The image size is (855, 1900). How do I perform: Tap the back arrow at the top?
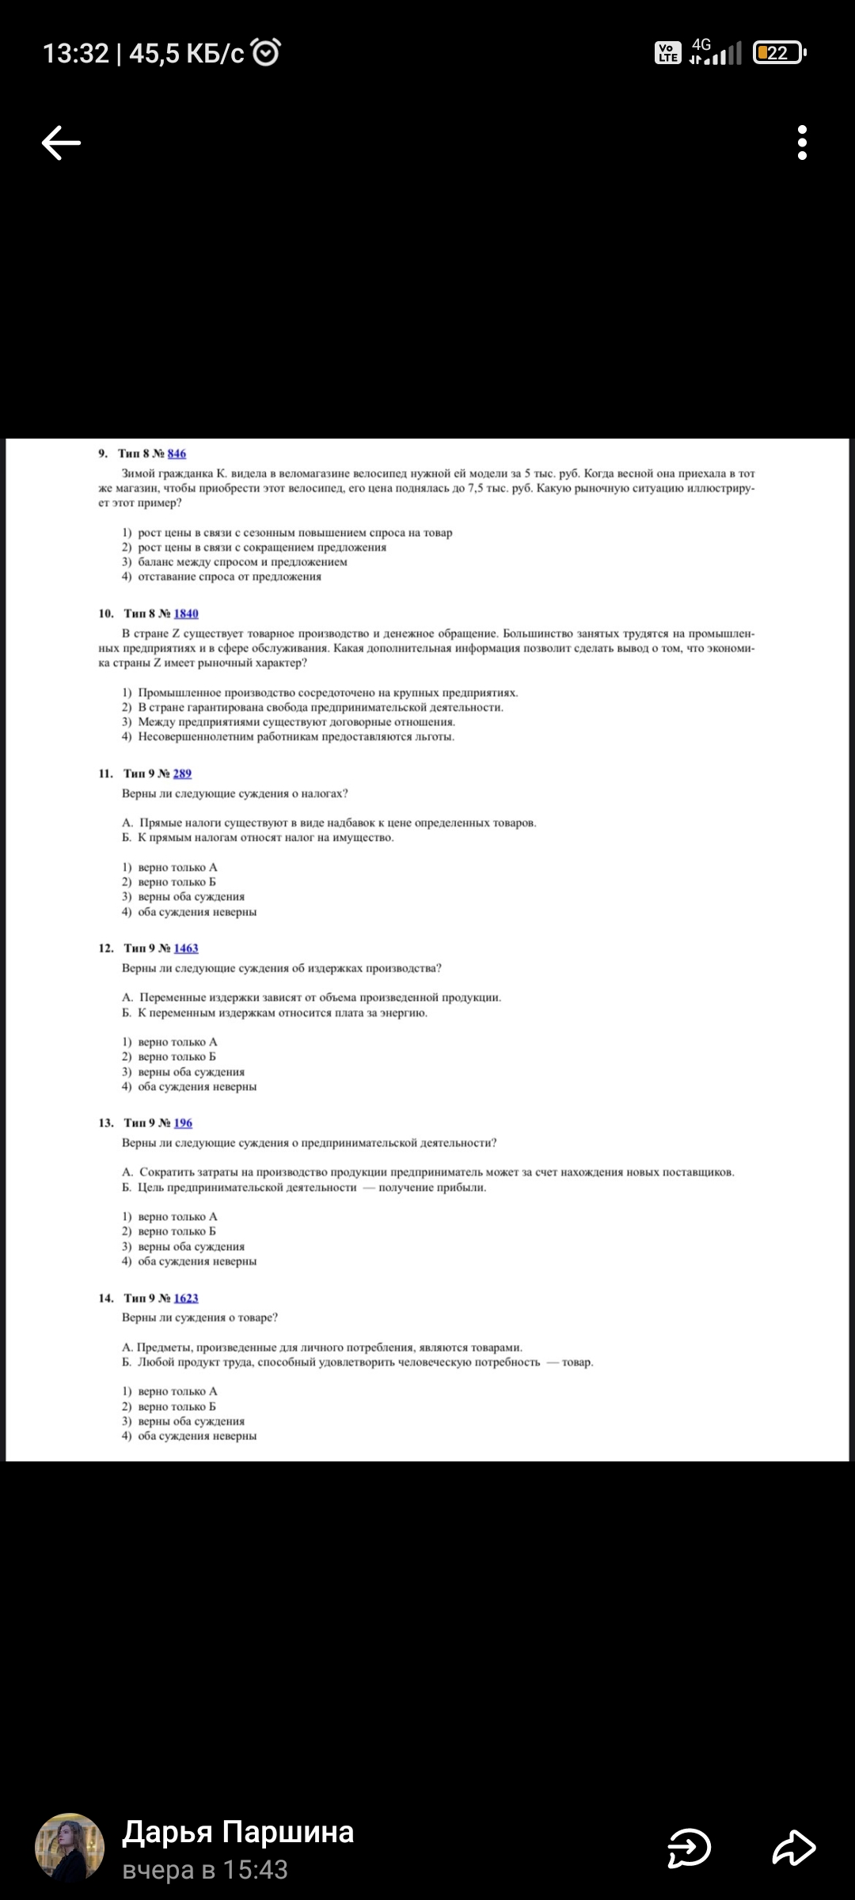click(x=61, y=143)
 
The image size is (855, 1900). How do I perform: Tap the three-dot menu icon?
click(x=802, y=143)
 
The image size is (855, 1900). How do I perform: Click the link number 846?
click(x=177, y=454)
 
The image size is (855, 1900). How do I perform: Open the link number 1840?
click(x=186, y=614)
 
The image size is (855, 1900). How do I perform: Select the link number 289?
click(x=182, y=773)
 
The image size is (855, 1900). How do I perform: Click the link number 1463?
click(x=186, y=948)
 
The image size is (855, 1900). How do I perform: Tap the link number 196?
click(x=183, y=1123)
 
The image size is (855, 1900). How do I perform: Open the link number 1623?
click(x=186, y=1298)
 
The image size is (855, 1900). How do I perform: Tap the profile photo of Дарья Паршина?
click(x=70, y=1847)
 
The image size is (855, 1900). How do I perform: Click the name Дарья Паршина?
click(x=237, y=1832)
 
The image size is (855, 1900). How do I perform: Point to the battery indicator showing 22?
click(x=778, y=53)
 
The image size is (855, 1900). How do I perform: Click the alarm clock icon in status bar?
click(x=265, y=53)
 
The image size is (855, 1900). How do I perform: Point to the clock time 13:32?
click(x=75, y=53)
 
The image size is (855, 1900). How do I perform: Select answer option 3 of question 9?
click(x=241, y=562)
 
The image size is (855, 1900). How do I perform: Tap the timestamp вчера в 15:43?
click(x=204, y=1870)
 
